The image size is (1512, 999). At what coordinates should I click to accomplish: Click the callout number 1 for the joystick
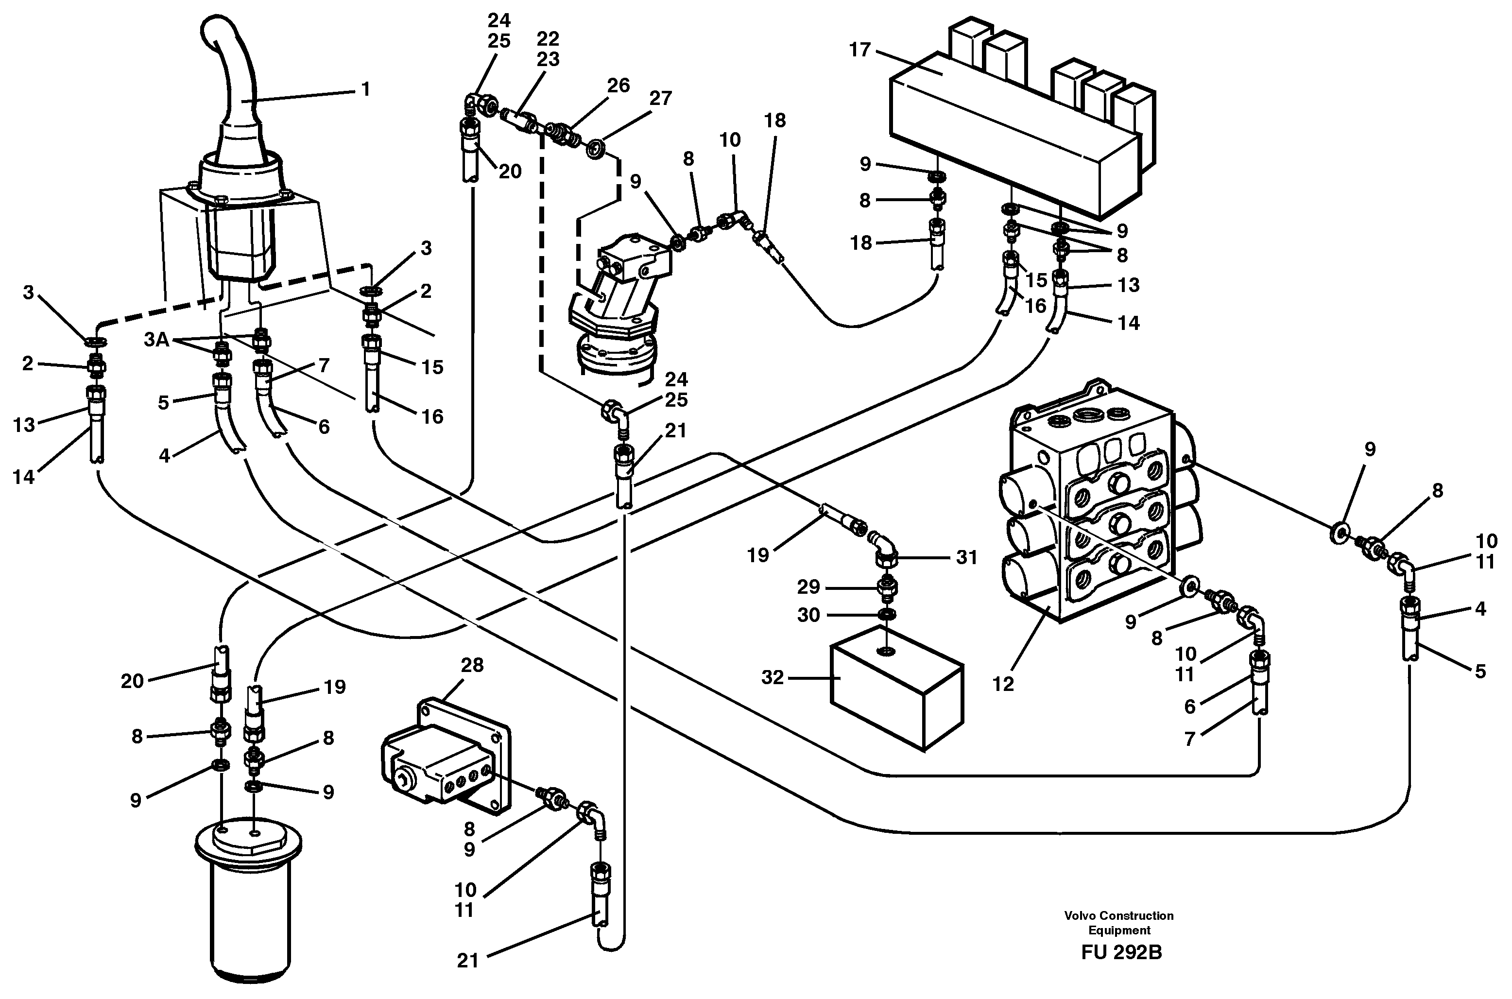pos(365,90)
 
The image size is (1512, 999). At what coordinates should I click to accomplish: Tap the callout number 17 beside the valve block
pos(860,50)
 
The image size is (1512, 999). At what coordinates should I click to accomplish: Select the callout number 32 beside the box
pos(773,677)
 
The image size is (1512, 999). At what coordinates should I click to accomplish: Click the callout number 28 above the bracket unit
pos(472,665)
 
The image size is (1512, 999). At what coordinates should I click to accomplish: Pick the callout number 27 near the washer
pos(660,99)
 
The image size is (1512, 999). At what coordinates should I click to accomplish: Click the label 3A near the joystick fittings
pos(156,340)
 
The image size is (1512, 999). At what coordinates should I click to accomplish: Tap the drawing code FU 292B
pos(1121,952)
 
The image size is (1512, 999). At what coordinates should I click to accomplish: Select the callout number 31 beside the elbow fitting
pos(966,557)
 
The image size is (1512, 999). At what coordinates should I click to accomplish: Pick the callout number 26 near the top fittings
pos(618,86)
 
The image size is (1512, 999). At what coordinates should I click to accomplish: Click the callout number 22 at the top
pos(548,39)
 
